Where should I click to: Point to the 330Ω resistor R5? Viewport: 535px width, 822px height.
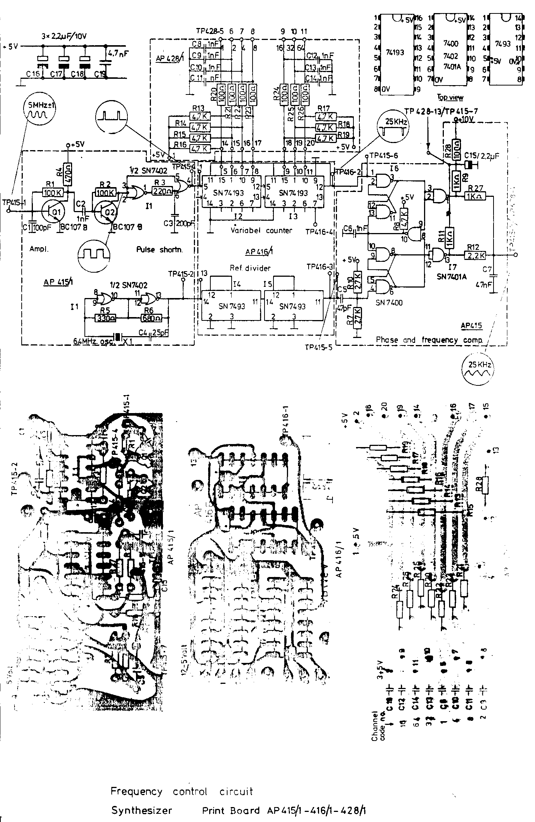(106, 318)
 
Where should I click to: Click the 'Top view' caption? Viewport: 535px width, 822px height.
(450, 97)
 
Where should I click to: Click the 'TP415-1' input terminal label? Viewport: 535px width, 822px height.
(13, 202)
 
